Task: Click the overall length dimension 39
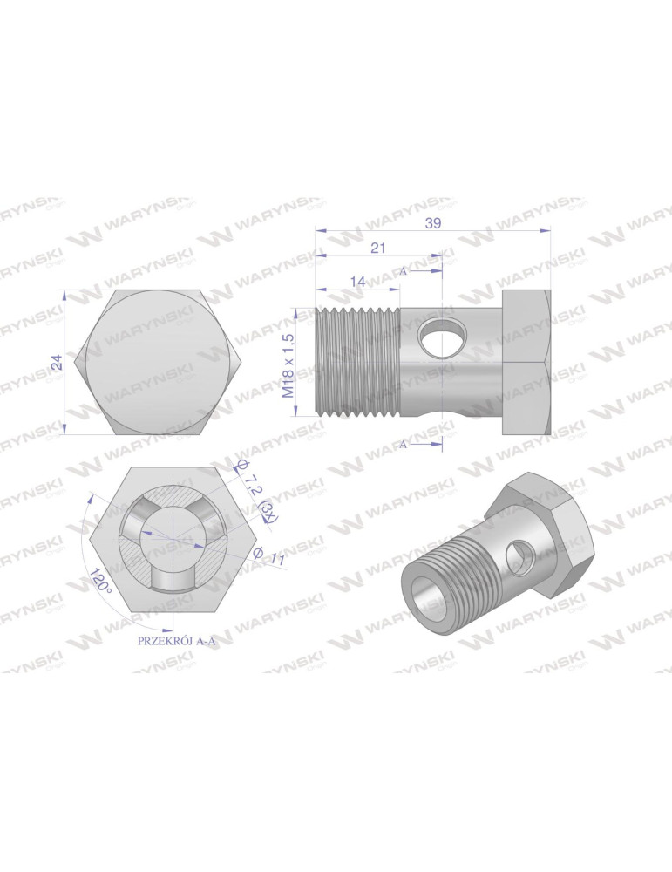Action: click(433, 223)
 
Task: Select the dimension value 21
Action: click(377, 249)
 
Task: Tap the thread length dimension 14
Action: click(357, 281)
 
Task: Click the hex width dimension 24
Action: click(57, 363)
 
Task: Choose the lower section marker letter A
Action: click(404, 444)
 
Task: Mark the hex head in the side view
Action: click(526, 363)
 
